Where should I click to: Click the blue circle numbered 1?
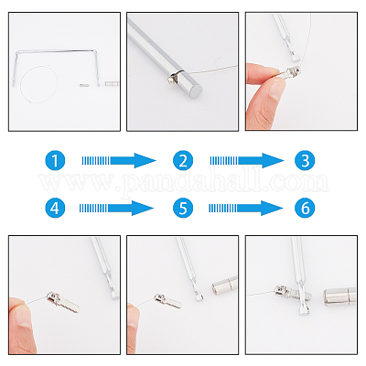(x=55, y=160)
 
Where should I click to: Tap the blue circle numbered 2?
(x=183, y=160)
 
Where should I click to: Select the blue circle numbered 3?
(x=305, y=160)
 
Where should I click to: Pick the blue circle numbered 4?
(x=55, y=208)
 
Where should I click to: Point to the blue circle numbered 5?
(x=183, y=208)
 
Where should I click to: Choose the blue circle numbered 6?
(x=305, y=208)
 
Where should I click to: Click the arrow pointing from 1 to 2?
(x=119, y=160)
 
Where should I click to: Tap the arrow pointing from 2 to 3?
(x=247, y=160)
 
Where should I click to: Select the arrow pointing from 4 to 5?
(x=116, y=208)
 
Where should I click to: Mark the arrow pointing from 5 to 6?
(x=246, y=208)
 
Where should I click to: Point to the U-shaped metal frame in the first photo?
(x=57, y=51)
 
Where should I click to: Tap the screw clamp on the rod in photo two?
(x=175, y=77)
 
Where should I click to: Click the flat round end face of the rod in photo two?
(x=196, y=91)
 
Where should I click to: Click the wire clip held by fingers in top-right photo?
(x=291, y=72)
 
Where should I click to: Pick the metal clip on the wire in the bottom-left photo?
(x=63, y=302)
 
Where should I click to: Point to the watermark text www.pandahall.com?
(x=183, y=182)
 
